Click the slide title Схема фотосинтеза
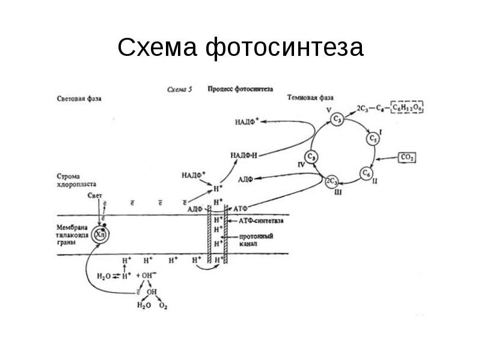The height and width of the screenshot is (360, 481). [x=240, y=47]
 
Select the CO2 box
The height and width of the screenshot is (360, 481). [x=407, y=157]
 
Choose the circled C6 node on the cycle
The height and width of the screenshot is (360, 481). [x=366, y=173]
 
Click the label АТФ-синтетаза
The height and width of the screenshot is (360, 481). [x=261, y=221]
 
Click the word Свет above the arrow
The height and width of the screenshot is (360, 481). [x=96, y=196]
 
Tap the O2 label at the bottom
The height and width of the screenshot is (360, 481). [x=162, y=306]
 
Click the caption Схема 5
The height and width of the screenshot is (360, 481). [x=179, y=88]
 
